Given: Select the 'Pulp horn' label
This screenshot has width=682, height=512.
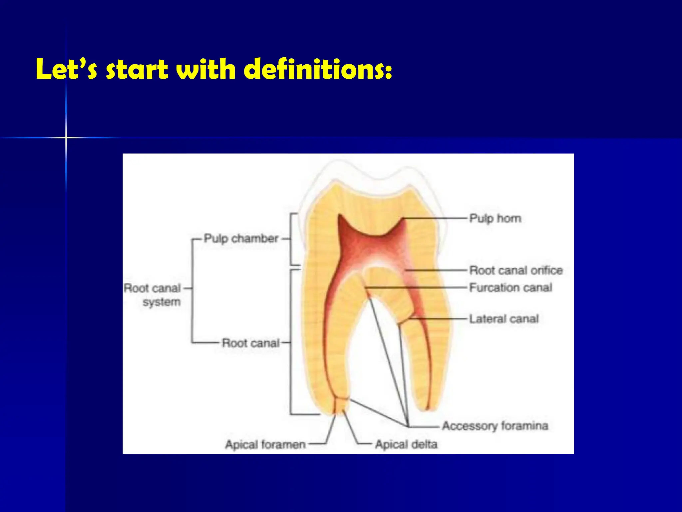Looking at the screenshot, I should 495,219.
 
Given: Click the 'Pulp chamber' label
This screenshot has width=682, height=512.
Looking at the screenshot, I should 241,239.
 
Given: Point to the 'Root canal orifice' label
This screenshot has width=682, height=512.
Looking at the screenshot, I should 516,270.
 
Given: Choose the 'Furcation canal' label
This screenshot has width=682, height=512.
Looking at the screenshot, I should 511,288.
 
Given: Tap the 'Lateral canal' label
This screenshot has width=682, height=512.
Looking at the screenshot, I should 504,319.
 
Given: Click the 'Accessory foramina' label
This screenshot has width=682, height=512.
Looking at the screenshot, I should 495,426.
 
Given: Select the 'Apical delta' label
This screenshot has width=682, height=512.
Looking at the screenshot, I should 406,445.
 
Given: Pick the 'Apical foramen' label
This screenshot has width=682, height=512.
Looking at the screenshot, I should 265,445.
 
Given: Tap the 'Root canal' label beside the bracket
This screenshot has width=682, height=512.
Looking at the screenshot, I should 250,343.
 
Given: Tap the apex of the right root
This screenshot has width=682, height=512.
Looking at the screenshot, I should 428,409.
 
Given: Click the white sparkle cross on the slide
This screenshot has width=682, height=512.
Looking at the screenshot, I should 66,137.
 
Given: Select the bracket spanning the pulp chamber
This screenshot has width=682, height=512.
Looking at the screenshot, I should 292,239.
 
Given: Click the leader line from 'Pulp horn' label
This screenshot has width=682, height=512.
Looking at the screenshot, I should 436,219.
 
